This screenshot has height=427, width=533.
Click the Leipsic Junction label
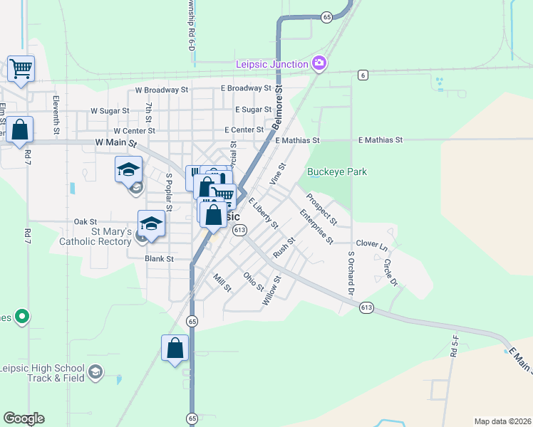(272, 65)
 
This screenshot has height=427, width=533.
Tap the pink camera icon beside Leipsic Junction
(319, 64)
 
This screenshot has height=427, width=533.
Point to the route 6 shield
(363, 75)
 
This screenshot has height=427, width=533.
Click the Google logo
(24, 418)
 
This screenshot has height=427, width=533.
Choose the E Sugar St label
(253, 110)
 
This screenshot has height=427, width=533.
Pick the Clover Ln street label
(372, 244)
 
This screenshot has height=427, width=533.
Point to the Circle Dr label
(390, 271)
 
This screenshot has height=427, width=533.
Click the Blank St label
(160, 259)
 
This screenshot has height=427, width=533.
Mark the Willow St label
(271, 291)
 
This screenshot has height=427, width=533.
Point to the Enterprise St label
(316, 226)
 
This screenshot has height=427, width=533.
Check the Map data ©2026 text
(502, 421)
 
